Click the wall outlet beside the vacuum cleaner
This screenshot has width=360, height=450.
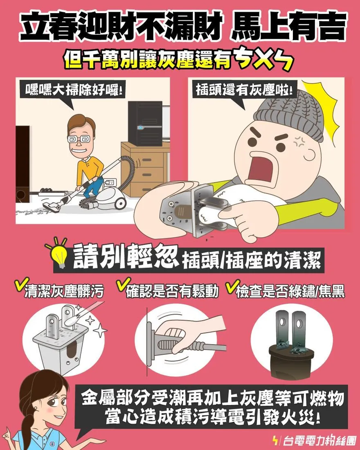tap(110, 182)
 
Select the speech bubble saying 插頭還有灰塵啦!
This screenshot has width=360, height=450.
tap(244, 90)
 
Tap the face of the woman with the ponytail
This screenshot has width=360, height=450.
tap(49, 401)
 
